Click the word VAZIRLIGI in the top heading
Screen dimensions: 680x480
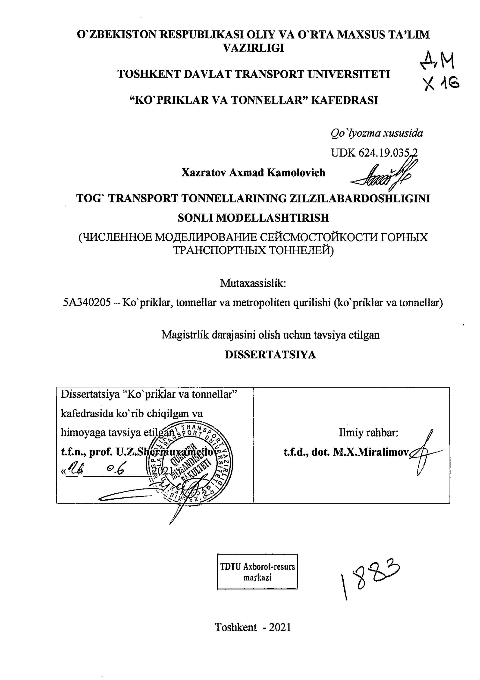point(253,48)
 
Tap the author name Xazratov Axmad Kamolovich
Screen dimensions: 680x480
point(253,172)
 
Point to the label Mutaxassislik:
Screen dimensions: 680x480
point(253,283)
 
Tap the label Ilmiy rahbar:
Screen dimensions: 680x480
point(368,433)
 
